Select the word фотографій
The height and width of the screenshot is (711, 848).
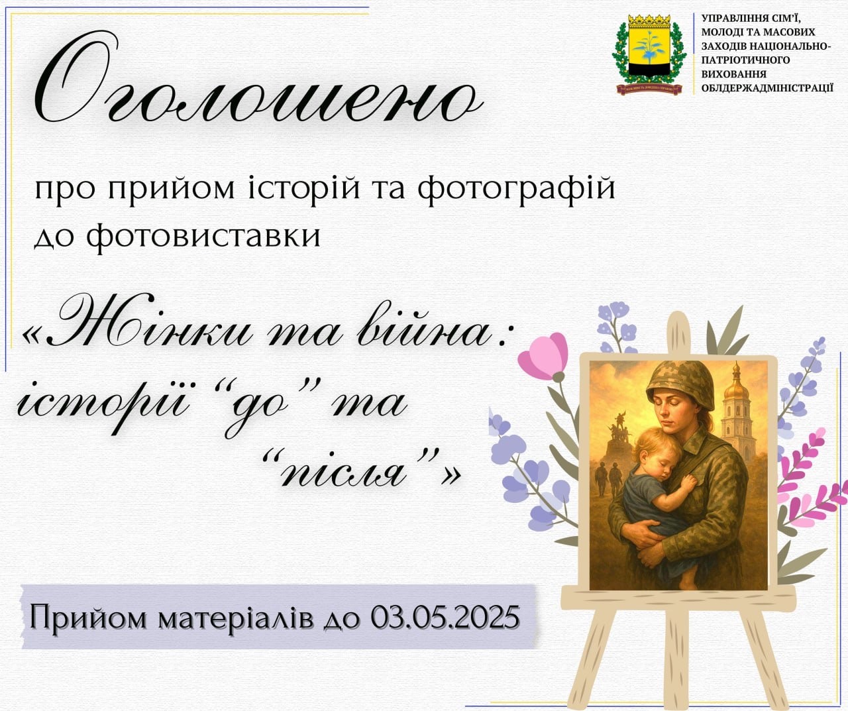517,188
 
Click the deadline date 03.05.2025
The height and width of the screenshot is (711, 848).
445,618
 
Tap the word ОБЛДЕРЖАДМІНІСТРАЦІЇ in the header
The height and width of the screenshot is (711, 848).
767,87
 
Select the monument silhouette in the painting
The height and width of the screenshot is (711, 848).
620,431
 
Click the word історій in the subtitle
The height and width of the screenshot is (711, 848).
305,188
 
